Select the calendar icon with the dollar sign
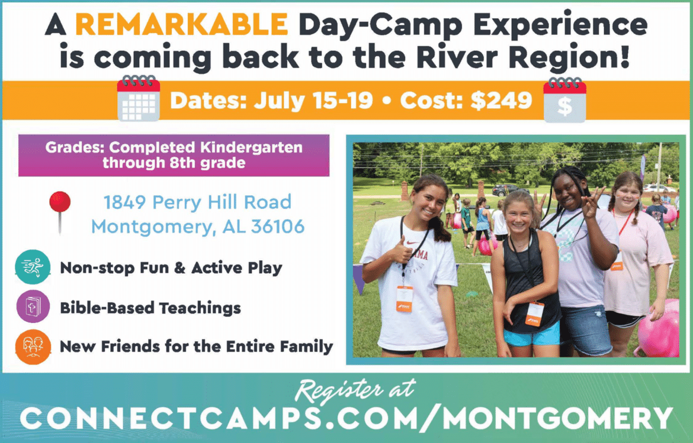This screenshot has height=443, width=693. point(564,99)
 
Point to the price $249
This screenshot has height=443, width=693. point(501,101)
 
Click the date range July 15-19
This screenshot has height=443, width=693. point(313,101)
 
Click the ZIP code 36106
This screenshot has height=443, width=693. point(278,227)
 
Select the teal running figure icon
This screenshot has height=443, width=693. point(33,267)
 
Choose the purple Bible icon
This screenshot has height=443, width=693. point(33,306)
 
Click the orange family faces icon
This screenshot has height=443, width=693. point(33,347)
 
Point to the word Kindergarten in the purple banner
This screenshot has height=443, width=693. point(250,147)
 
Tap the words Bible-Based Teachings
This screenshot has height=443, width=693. point(150,308)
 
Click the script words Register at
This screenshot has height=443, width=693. point(355,389)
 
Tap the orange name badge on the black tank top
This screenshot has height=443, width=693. point(535,313)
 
